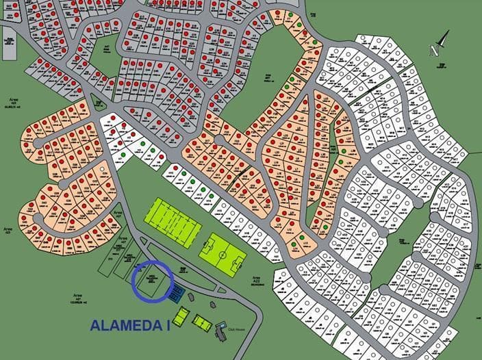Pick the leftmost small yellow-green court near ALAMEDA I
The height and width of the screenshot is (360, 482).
click(181, 316)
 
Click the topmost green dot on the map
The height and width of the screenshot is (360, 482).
click(292, 15)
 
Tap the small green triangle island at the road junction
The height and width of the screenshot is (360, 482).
click(99, 103)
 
